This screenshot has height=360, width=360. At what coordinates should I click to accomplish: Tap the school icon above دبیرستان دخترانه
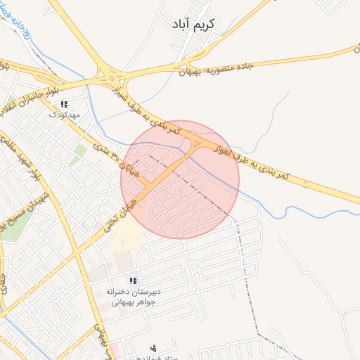133,281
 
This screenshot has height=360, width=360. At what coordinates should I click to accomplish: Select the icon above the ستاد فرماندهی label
153,347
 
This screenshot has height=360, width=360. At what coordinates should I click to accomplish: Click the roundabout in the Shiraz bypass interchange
108,75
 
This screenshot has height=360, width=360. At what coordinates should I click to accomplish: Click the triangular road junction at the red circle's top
196,143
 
